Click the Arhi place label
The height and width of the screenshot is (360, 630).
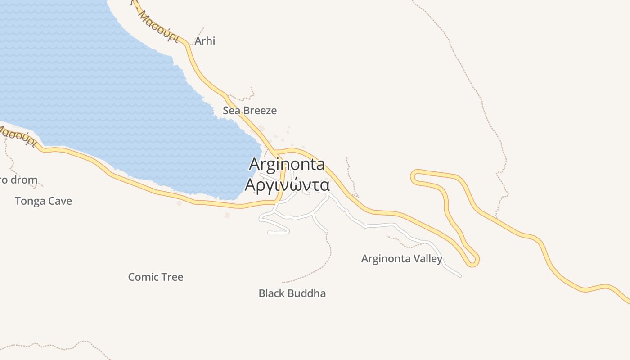[x=205, y=41]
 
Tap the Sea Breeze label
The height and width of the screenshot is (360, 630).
[x=250, y=111]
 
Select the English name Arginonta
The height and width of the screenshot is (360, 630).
[x=287, y=164]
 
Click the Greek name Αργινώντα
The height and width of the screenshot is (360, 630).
[x=287, y=185]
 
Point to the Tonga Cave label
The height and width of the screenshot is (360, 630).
[x=43, y=201]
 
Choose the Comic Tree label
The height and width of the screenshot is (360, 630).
[x=156, y=277]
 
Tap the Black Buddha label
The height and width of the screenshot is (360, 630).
[x=292, y=294]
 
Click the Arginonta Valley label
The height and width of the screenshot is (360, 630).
[x=402, y=259]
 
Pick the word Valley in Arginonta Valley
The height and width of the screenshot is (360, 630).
[x=428, y=259]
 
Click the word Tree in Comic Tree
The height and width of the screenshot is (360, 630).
[x=172, y=277]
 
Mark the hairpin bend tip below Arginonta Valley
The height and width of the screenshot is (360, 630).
[x=472, y=261]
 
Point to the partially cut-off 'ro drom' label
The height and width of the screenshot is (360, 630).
[x=18, y=180]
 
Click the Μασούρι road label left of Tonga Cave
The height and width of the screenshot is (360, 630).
[x=17, y=135]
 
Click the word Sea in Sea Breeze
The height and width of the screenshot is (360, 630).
[x=231, y=111]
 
